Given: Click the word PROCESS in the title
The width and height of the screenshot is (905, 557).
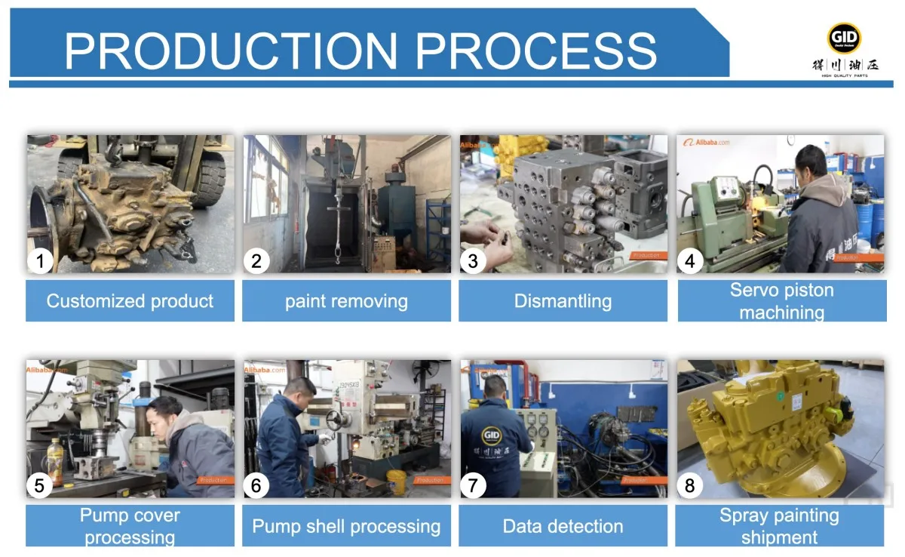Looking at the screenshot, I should pos(536,51).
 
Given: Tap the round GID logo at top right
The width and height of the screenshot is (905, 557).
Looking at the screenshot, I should pos(844,38).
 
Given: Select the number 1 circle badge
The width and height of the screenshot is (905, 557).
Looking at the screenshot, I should pos(40,261).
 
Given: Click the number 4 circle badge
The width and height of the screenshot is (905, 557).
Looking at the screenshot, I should pos(689,261).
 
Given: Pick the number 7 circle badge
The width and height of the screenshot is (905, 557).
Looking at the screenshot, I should pos(473,485).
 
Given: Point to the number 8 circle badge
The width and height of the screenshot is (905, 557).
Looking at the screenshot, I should pos(689,485).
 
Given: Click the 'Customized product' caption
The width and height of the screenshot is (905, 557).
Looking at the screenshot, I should pos(130,301).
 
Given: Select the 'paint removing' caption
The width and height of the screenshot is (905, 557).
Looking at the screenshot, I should pos(346,302).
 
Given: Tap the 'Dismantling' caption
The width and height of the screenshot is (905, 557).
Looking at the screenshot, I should pos(563,301).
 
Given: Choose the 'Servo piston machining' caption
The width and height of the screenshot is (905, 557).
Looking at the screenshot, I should pos(781,301).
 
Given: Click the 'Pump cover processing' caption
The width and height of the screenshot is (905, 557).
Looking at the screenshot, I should pos(130,526).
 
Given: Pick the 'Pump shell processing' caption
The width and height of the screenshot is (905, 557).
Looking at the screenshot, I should pos(346,526).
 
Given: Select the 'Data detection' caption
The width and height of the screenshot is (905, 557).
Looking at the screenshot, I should pos(563,526).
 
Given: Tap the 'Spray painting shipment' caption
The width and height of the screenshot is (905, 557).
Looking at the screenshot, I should pos(779,526).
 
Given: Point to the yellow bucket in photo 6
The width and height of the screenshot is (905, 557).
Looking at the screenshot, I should pos(397,482).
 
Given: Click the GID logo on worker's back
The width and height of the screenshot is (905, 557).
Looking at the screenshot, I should pos(492,439).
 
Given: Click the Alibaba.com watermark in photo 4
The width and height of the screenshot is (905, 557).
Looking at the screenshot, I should pos(707,143).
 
